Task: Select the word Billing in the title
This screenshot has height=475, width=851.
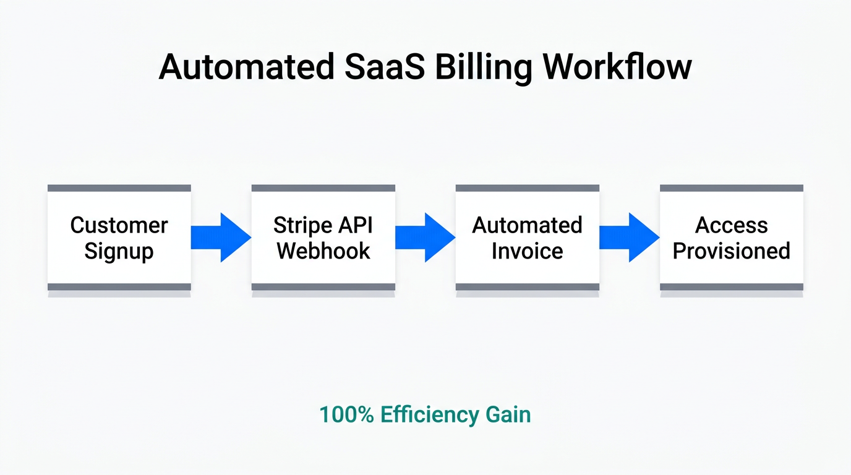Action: pyautogui.click(x=482, y=67)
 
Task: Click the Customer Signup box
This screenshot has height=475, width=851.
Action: pyautogui.click(x=119, y=237)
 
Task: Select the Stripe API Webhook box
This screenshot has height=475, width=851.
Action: pyautogui.click(x=323, y=237)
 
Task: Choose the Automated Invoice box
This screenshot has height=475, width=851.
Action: pyautogui.click(x=527, y=237)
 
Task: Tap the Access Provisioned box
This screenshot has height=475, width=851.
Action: pyautogui.click(x=731, y=237)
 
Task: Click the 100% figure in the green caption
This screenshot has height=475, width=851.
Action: pyautogui.click(x=346, y=414)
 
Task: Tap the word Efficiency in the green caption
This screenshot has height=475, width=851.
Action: pyautogui.click(x=429, y=414)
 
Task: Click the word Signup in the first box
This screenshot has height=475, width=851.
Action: pyautogui.click(x=119, y=252)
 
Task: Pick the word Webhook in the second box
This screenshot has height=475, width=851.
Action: pyautogui.click(x=323, y=251)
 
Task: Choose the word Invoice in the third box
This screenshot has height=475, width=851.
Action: pyautogui.click(x=527, y=251)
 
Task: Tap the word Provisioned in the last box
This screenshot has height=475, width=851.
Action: pyautogui.click(x=731, y=251)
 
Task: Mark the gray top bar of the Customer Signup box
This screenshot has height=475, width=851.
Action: pyautogui.click(x=119, y=188)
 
